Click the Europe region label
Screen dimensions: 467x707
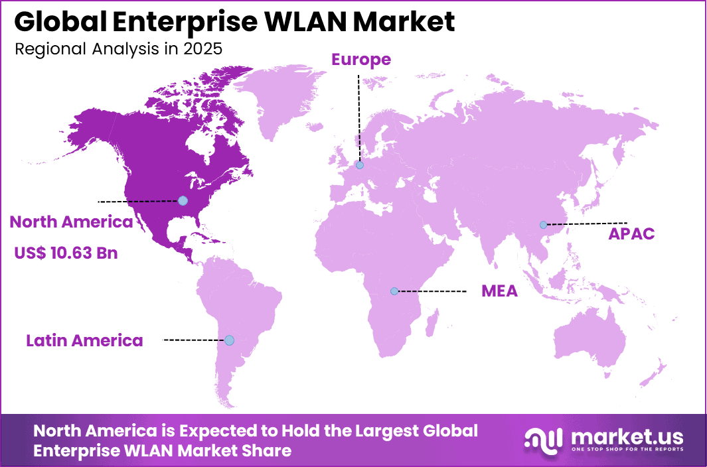click(x=361, y=60)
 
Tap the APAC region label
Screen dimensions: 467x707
click(x=631, y=233)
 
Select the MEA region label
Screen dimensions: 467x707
click(x=499, y=291)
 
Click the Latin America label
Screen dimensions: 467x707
click(x=84, y=341)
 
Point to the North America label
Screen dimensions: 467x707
click(x=71, y=222)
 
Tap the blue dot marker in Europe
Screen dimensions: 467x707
click(x=360, y=165)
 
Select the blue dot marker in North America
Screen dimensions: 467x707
click(x=183, y=200)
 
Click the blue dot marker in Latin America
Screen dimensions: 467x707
click(x=229, y=340)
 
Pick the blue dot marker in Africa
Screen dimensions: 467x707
click(x=394, y=291)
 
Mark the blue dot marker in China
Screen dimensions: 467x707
click(x=543, y=225)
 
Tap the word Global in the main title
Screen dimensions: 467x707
click(x=56, y=22)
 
